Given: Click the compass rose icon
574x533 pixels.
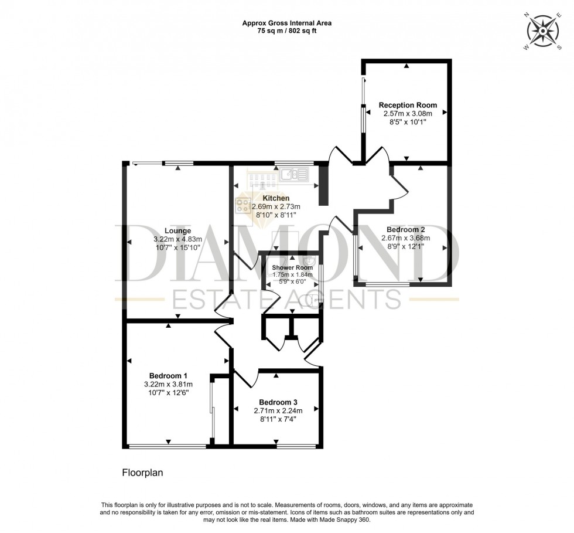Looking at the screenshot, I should [543, 30].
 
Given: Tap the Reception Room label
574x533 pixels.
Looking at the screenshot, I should [407, 106].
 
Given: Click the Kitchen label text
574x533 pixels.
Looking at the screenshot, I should [276, 198].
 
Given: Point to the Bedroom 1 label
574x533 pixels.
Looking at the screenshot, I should [168, 376].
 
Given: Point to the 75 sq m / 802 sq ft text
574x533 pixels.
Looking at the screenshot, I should [287, 32].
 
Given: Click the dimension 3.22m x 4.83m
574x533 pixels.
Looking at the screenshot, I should [177, 239].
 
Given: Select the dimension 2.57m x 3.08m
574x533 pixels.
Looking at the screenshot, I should [407, 114].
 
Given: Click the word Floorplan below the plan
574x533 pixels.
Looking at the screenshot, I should [143, 472].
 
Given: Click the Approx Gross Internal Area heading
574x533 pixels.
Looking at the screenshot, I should [287, 23].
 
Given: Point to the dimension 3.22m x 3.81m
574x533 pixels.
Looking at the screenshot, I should [168, 385].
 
